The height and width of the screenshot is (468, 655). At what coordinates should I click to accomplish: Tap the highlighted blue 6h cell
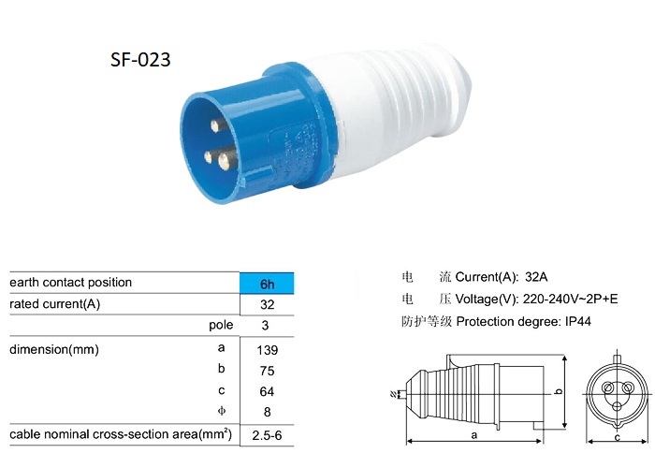coord(267,283)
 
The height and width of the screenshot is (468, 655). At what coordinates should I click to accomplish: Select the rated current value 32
coord(267,305)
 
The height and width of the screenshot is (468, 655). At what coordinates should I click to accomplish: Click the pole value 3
coord(267,326)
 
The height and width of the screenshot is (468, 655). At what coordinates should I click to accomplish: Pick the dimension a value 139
coord(267,350)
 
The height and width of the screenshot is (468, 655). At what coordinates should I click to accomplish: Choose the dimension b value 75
coord(267,370)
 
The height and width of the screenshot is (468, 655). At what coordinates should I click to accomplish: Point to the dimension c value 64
coord(267,390)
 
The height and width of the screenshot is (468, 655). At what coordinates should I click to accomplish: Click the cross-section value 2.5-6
coord(267,436)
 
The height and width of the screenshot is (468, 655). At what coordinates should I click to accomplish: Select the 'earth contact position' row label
coord(71,283)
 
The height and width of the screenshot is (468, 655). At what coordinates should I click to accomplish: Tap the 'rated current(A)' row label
coord(54,305)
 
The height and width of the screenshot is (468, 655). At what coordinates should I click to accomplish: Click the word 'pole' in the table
coord(221,326)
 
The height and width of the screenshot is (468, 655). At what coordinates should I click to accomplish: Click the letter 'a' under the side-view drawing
coord(474,435)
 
